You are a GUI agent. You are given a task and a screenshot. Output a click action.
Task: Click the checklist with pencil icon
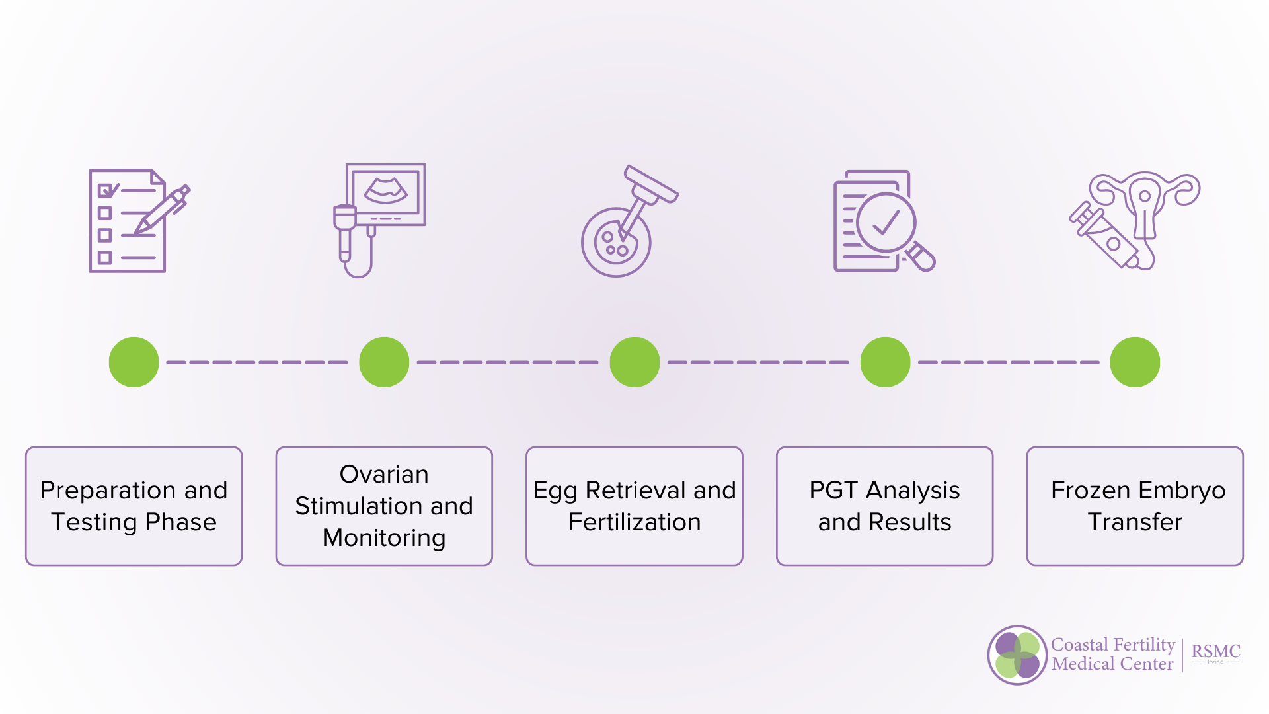(135, 221)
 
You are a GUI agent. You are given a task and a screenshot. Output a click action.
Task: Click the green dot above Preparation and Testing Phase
(134, 362)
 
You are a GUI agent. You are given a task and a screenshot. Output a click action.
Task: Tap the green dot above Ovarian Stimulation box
(384, 362)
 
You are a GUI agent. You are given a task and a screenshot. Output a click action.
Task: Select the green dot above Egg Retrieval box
(634, 362)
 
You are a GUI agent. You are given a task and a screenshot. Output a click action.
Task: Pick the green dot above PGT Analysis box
(885, 362)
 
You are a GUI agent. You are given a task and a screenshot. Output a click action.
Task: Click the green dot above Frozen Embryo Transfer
(1135, 362)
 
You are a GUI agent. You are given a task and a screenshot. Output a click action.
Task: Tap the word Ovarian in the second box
(384, 475)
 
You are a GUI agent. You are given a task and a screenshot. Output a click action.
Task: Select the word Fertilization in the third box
(634, 522)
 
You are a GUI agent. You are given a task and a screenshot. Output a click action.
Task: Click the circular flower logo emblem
(1017, 655)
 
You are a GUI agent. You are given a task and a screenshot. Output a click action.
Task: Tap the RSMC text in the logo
(1215, 651)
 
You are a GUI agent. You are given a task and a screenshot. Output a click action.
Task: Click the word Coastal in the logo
(1079, 645)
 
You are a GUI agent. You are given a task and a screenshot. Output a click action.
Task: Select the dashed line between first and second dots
(258, 362)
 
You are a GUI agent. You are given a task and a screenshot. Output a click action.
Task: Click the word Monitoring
(384, 538)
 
